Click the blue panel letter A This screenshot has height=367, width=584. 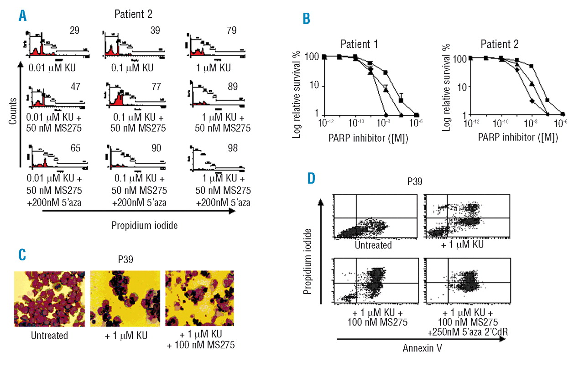tap(22, 16)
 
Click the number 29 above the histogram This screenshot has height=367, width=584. tap(74, 31)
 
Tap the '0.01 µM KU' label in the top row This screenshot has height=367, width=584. tap(52, 68)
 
